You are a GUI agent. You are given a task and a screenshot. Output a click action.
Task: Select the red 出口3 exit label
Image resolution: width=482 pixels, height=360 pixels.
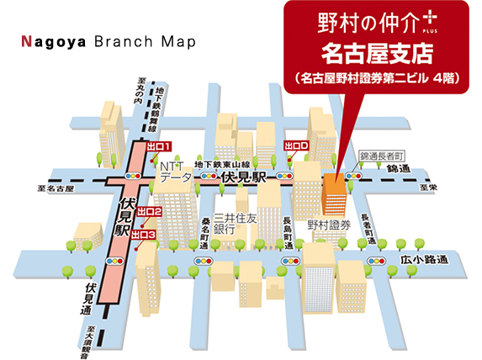(146, 235)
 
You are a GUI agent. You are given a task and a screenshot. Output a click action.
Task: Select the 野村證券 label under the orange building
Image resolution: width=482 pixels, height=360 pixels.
(328, 225)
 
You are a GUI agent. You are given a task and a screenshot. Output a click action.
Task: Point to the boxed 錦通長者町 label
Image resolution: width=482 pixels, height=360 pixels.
(382, 156)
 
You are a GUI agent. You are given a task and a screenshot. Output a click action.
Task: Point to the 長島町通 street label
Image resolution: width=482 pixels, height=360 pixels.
(287, 226)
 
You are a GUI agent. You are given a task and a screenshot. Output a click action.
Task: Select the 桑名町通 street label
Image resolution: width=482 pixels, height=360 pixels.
(204, 230)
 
